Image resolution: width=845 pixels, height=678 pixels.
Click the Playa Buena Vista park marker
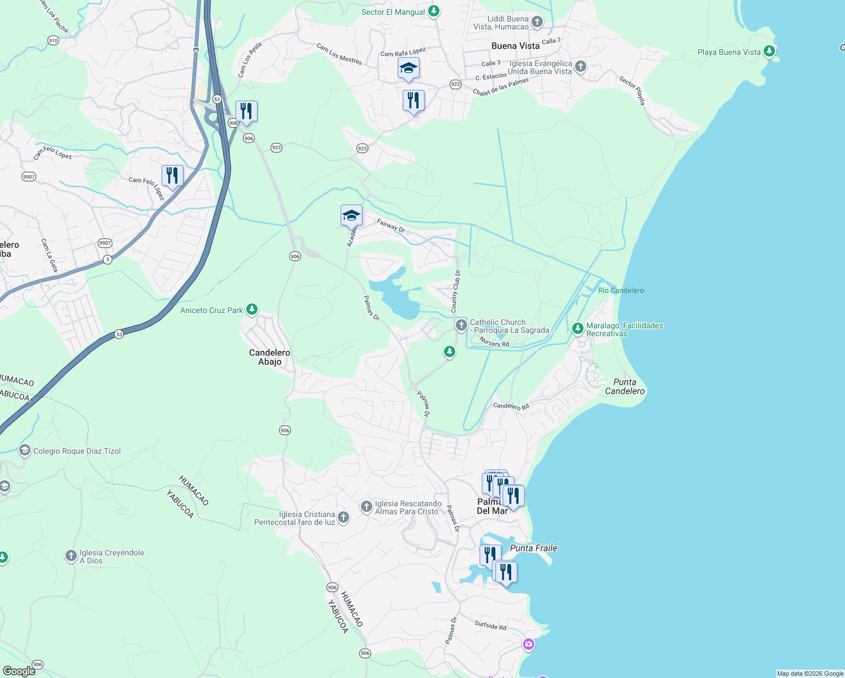[x=769, y=51]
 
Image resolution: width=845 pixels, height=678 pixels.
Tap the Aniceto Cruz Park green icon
[x=252, y=310]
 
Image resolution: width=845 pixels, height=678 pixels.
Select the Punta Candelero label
[x=624, y=386]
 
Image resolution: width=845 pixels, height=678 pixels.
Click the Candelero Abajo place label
[x=269, y=357]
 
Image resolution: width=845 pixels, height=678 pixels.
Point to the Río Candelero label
[x=621, y=290]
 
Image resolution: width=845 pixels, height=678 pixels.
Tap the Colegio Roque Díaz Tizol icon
[x=24, y=450]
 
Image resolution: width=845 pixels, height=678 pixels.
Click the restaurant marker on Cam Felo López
[x=172, y=176]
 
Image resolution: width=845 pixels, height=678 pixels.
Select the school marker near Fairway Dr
[x=351, y=215]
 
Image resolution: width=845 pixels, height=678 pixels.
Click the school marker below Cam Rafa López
[x=408, y=68]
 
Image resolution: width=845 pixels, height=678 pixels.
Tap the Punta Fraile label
[x=533, y=548]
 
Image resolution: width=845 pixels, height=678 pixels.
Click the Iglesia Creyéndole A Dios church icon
[x=71, y=556]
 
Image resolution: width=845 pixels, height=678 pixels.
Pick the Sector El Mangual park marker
[x=433, y=11]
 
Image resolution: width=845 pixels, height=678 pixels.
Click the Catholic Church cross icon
[x=461, y=325]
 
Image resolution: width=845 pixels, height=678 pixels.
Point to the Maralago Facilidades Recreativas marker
[x=577, y=328]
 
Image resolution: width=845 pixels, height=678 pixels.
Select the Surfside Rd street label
[x=490, y=625]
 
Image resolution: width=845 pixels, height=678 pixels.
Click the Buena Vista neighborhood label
[x=515, y=46]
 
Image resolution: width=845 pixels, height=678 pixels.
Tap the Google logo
[x=19, y=671]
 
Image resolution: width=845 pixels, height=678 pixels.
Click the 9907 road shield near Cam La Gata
[x=104, y=243]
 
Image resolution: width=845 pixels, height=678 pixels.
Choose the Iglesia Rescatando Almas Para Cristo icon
[x=366, y=506]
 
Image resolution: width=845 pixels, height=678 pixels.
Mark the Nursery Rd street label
[x=494, y=342]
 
